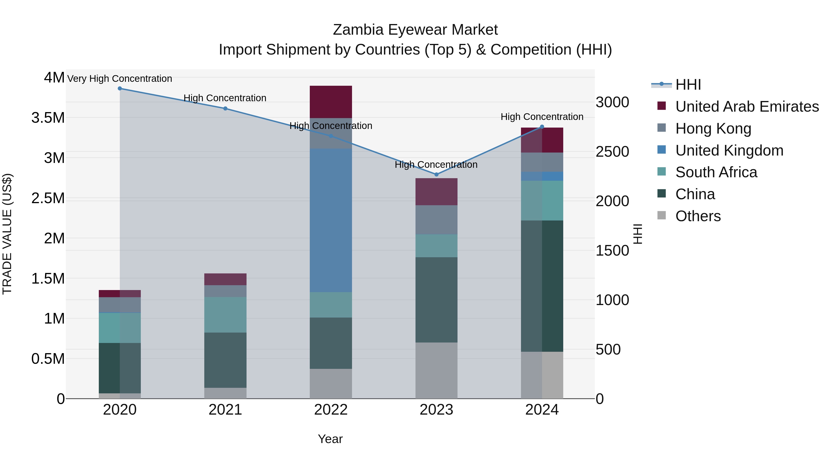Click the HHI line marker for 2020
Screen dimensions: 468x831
click(x=120, y=89)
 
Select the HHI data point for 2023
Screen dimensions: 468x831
click(x=437, y=174)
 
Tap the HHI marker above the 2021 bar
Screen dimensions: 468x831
click(x=225, y=109)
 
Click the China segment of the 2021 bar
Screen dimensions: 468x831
click(x=225, y=360)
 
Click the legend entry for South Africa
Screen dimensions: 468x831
click(x=716, y=172)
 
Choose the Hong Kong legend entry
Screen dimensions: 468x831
click(x=713, y=128)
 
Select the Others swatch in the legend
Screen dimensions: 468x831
click(x=662, y=215)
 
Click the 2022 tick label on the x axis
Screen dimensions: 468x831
click(x=331, y=410)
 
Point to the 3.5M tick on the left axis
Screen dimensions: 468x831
click(x=48, y=118)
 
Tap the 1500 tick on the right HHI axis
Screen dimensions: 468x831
click(x=612, y=251)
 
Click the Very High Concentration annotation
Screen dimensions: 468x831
click(x=120, y=79)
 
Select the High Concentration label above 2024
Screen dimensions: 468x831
click(x=542, y=117)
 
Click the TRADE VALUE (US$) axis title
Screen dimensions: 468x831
click(x=7, y=234)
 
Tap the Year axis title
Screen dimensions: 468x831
click(x=330, y=439)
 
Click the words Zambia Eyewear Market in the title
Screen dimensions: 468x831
click(x=415, y=30)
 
